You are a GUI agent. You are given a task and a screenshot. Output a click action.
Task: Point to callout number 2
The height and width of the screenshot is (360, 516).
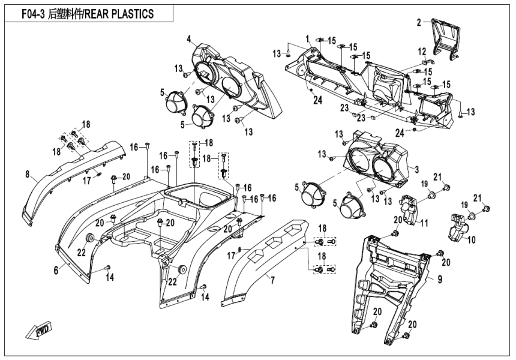pos(419,23)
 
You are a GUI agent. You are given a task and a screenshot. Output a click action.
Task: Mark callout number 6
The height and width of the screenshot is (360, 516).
pos(56,271)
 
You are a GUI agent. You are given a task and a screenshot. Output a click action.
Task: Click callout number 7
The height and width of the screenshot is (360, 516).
pos(272,280)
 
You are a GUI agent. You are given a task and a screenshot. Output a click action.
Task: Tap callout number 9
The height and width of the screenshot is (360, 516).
pos(439,278)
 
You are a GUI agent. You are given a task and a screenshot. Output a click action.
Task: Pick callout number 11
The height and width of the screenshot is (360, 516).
pos(424,223)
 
